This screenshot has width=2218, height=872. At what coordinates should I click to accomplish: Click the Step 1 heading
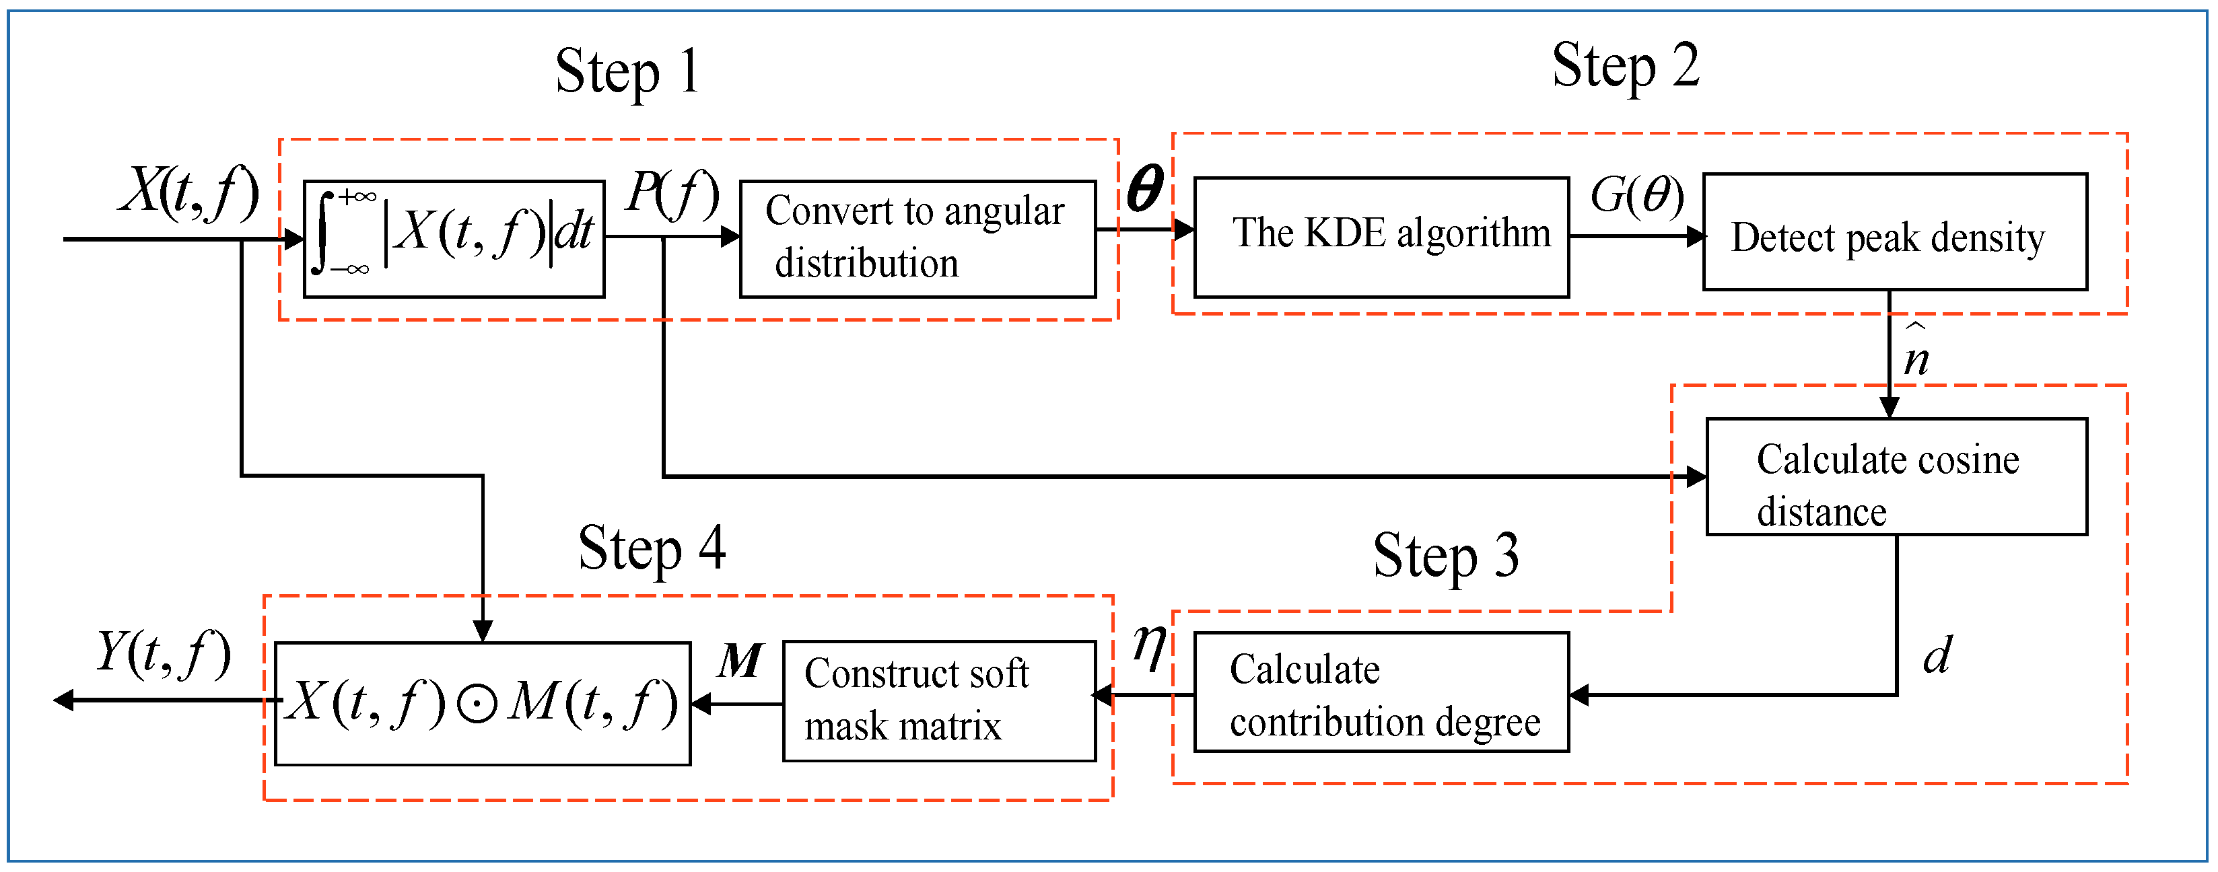(x=627, y=72)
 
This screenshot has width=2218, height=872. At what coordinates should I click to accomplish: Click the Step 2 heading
(x=1625, y=67)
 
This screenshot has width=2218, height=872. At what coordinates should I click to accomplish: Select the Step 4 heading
(x=651, y=549)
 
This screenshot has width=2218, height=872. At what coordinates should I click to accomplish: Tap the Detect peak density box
(x=1894, y=232)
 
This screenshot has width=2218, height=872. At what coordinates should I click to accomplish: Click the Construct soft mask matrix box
(x=938, y=700)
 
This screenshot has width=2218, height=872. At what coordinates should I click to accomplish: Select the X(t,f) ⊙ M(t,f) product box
(x=482, y=703)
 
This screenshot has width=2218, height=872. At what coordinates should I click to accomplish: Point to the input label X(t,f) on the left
(x=189, y=191)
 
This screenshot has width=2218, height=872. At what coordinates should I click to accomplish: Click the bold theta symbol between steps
(x=1144, y=188)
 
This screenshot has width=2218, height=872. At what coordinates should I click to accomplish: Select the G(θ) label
(x=1636, y=195)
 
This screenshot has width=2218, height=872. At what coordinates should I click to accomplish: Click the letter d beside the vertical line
(x=1937, y=656)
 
